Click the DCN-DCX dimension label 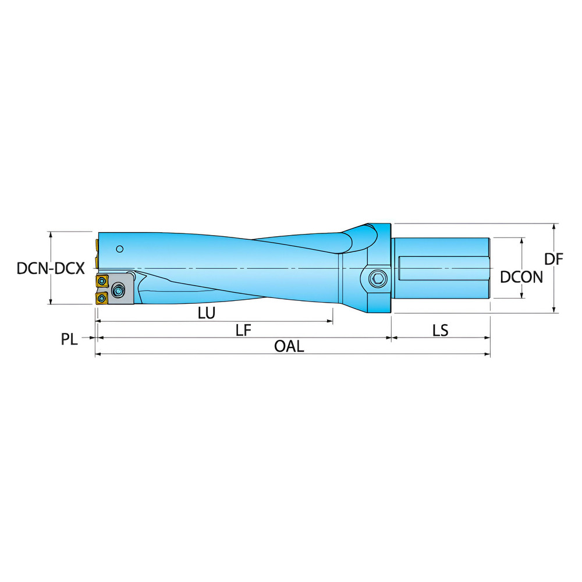pos(51,268)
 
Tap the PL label pos(69,339)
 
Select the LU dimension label pos(206,313)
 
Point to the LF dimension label pos(243,330)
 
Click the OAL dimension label pos(289,346)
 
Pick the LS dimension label pos(440,330)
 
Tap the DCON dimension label pos(521,276)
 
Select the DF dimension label pos(555,260)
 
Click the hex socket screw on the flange pos(377,279)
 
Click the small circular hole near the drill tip pos(119,249)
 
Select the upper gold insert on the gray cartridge pos(103,281)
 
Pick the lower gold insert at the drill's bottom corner pos(102,299)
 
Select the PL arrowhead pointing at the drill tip pos(93,338)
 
